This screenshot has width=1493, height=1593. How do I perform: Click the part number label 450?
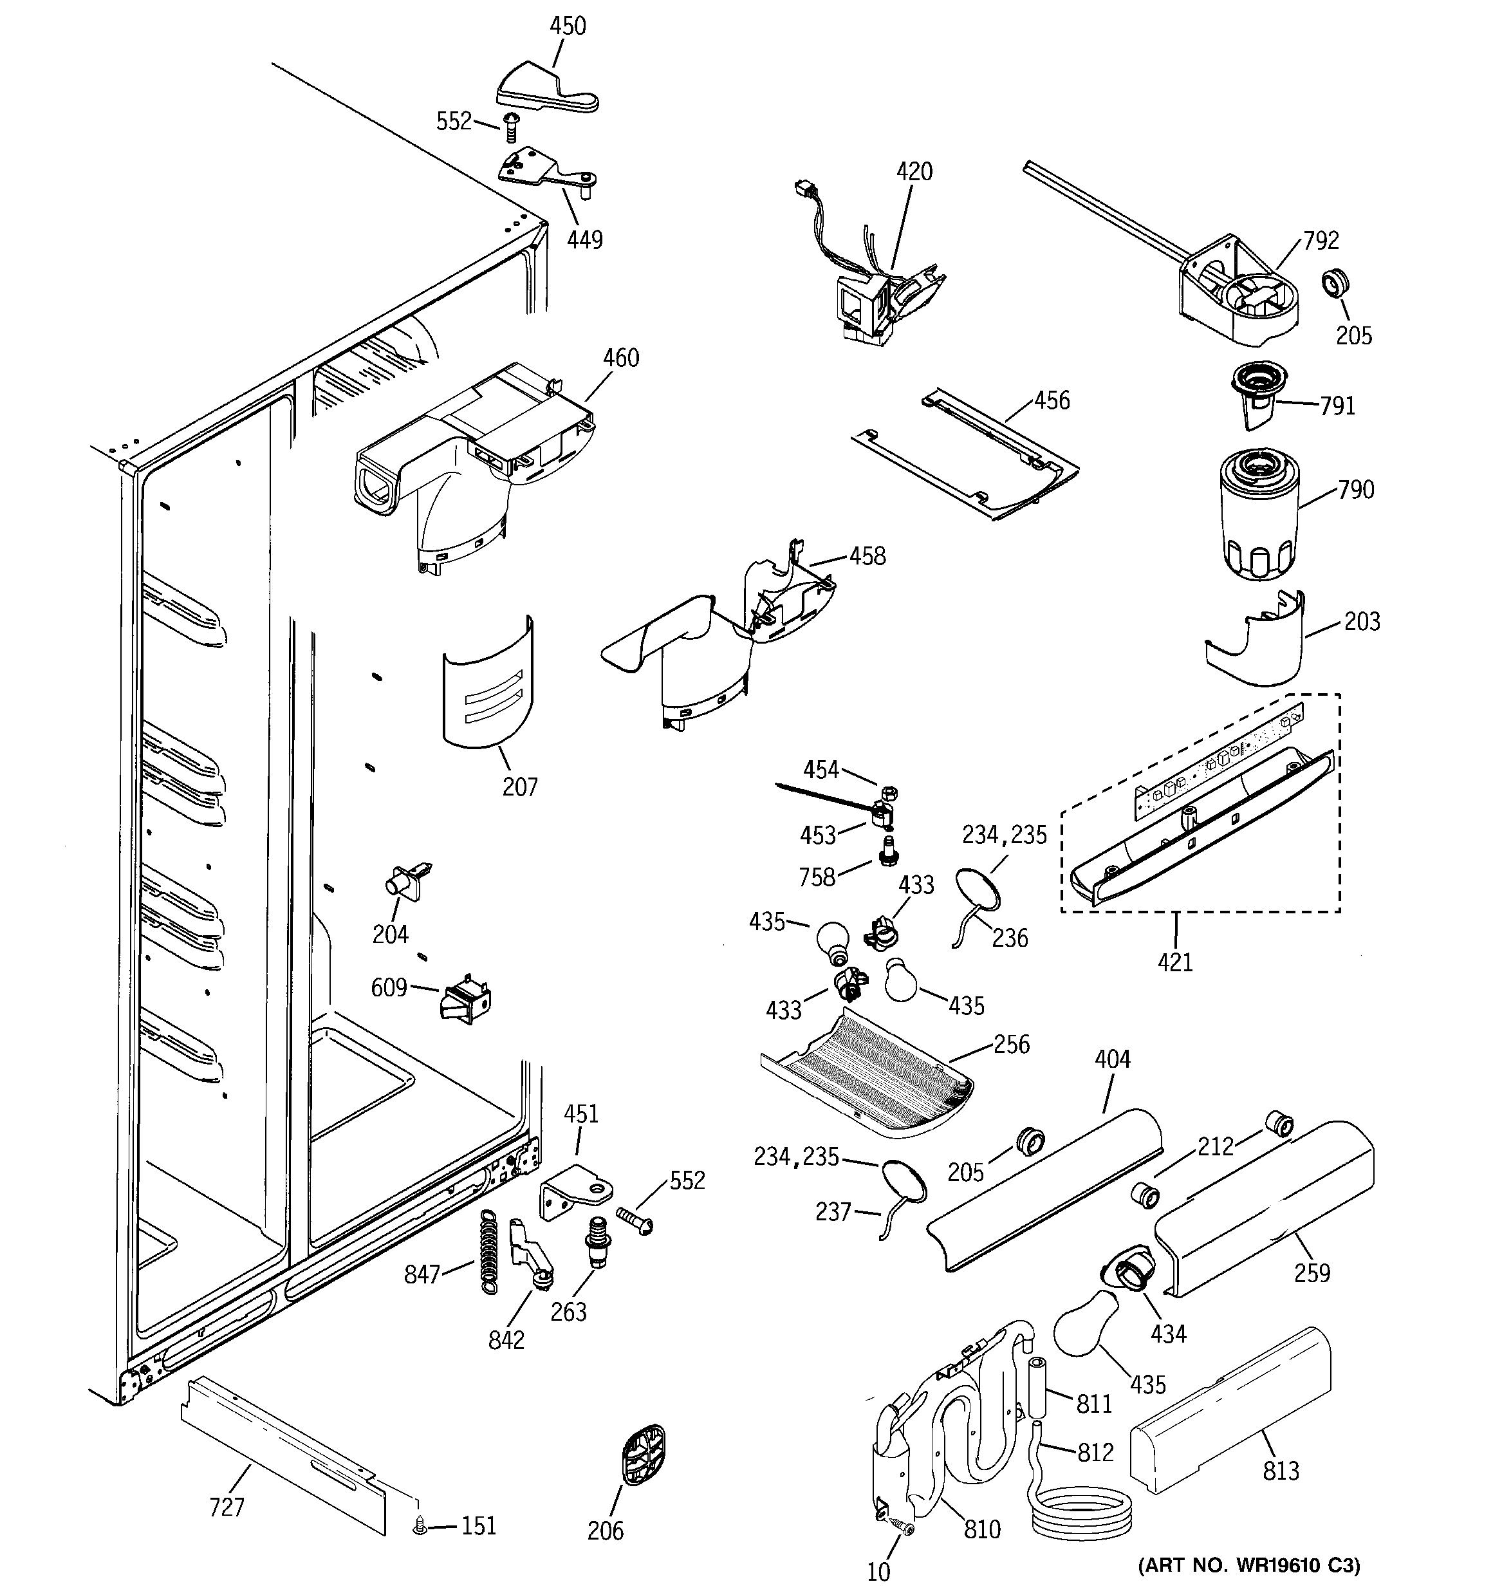point(568,26)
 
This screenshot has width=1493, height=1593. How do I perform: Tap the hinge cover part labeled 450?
point(545,89)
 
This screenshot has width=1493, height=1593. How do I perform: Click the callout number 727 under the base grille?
point(227,1507)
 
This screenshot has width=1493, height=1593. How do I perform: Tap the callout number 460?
point(621,359)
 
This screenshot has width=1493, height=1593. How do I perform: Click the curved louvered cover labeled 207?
point(487,685)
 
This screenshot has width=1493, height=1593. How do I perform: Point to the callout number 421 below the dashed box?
point(1175,962)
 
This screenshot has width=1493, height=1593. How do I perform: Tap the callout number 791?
point(1337,406)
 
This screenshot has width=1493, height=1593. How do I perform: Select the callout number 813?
point(1280,1471)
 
